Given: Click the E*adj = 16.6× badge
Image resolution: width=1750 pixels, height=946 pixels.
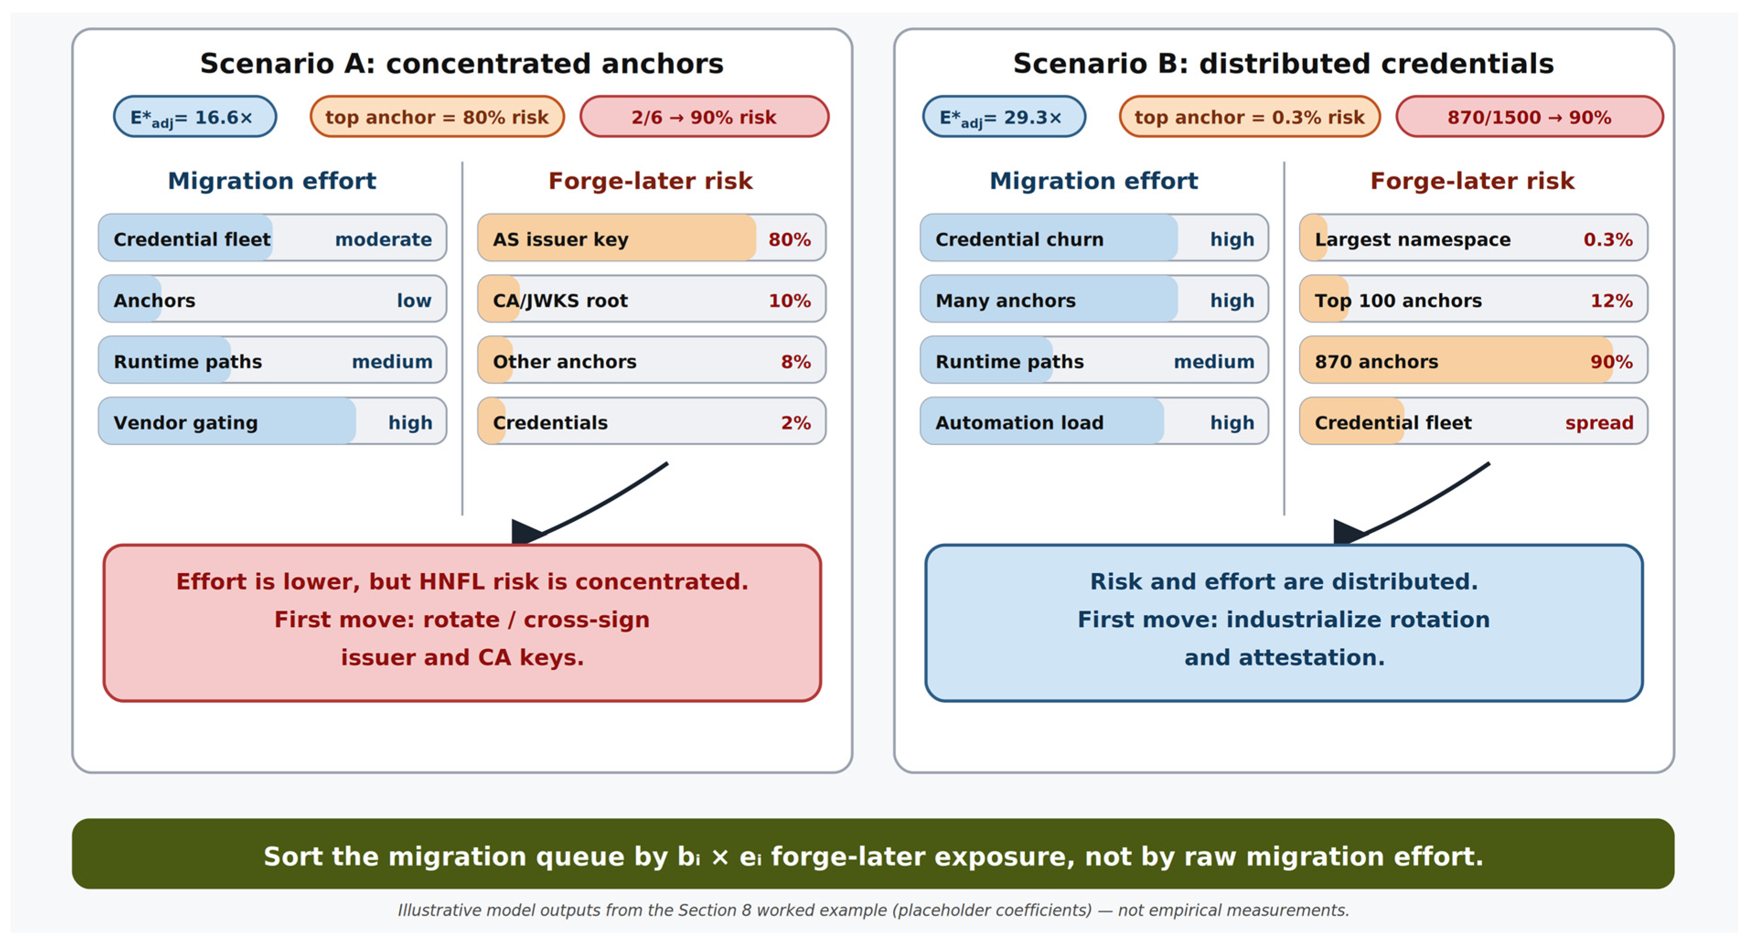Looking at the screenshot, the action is (195, 117).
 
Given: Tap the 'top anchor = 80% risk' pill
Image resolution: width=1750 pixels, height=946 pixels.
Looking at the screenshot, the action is (437, 117).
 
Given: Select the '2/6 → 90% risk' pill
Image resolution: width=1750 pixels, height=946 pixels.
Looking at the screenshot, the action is (704, 117).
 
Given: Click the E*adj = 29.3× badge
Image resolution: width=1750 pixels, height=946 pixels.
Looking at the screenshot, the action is (1003, 117).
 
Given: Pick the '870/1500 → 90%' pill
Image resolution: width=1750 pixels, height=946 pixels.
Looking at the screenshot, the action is (1529, 117).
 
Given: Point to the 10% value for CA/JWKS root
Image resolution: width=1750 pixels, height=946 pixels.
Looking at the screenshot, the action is (790, 300).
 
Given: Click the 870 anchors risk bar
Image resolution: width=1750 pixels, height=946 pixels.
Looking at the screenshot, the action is (1473, 361).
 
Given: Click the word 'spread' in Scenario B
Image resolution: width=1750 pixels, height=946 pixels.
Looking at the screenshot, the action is (1599, 423).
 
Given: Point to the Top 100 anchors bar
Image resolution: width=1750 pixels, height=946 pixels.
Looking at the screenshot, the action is (1473, 299).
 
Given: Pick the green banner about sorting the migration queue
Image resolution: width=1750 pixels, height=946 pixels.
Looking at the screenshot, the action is (873, 854).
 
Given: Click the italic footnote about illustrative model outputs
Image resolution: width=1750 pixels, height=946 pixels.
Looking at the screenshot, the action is (873, 910).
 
